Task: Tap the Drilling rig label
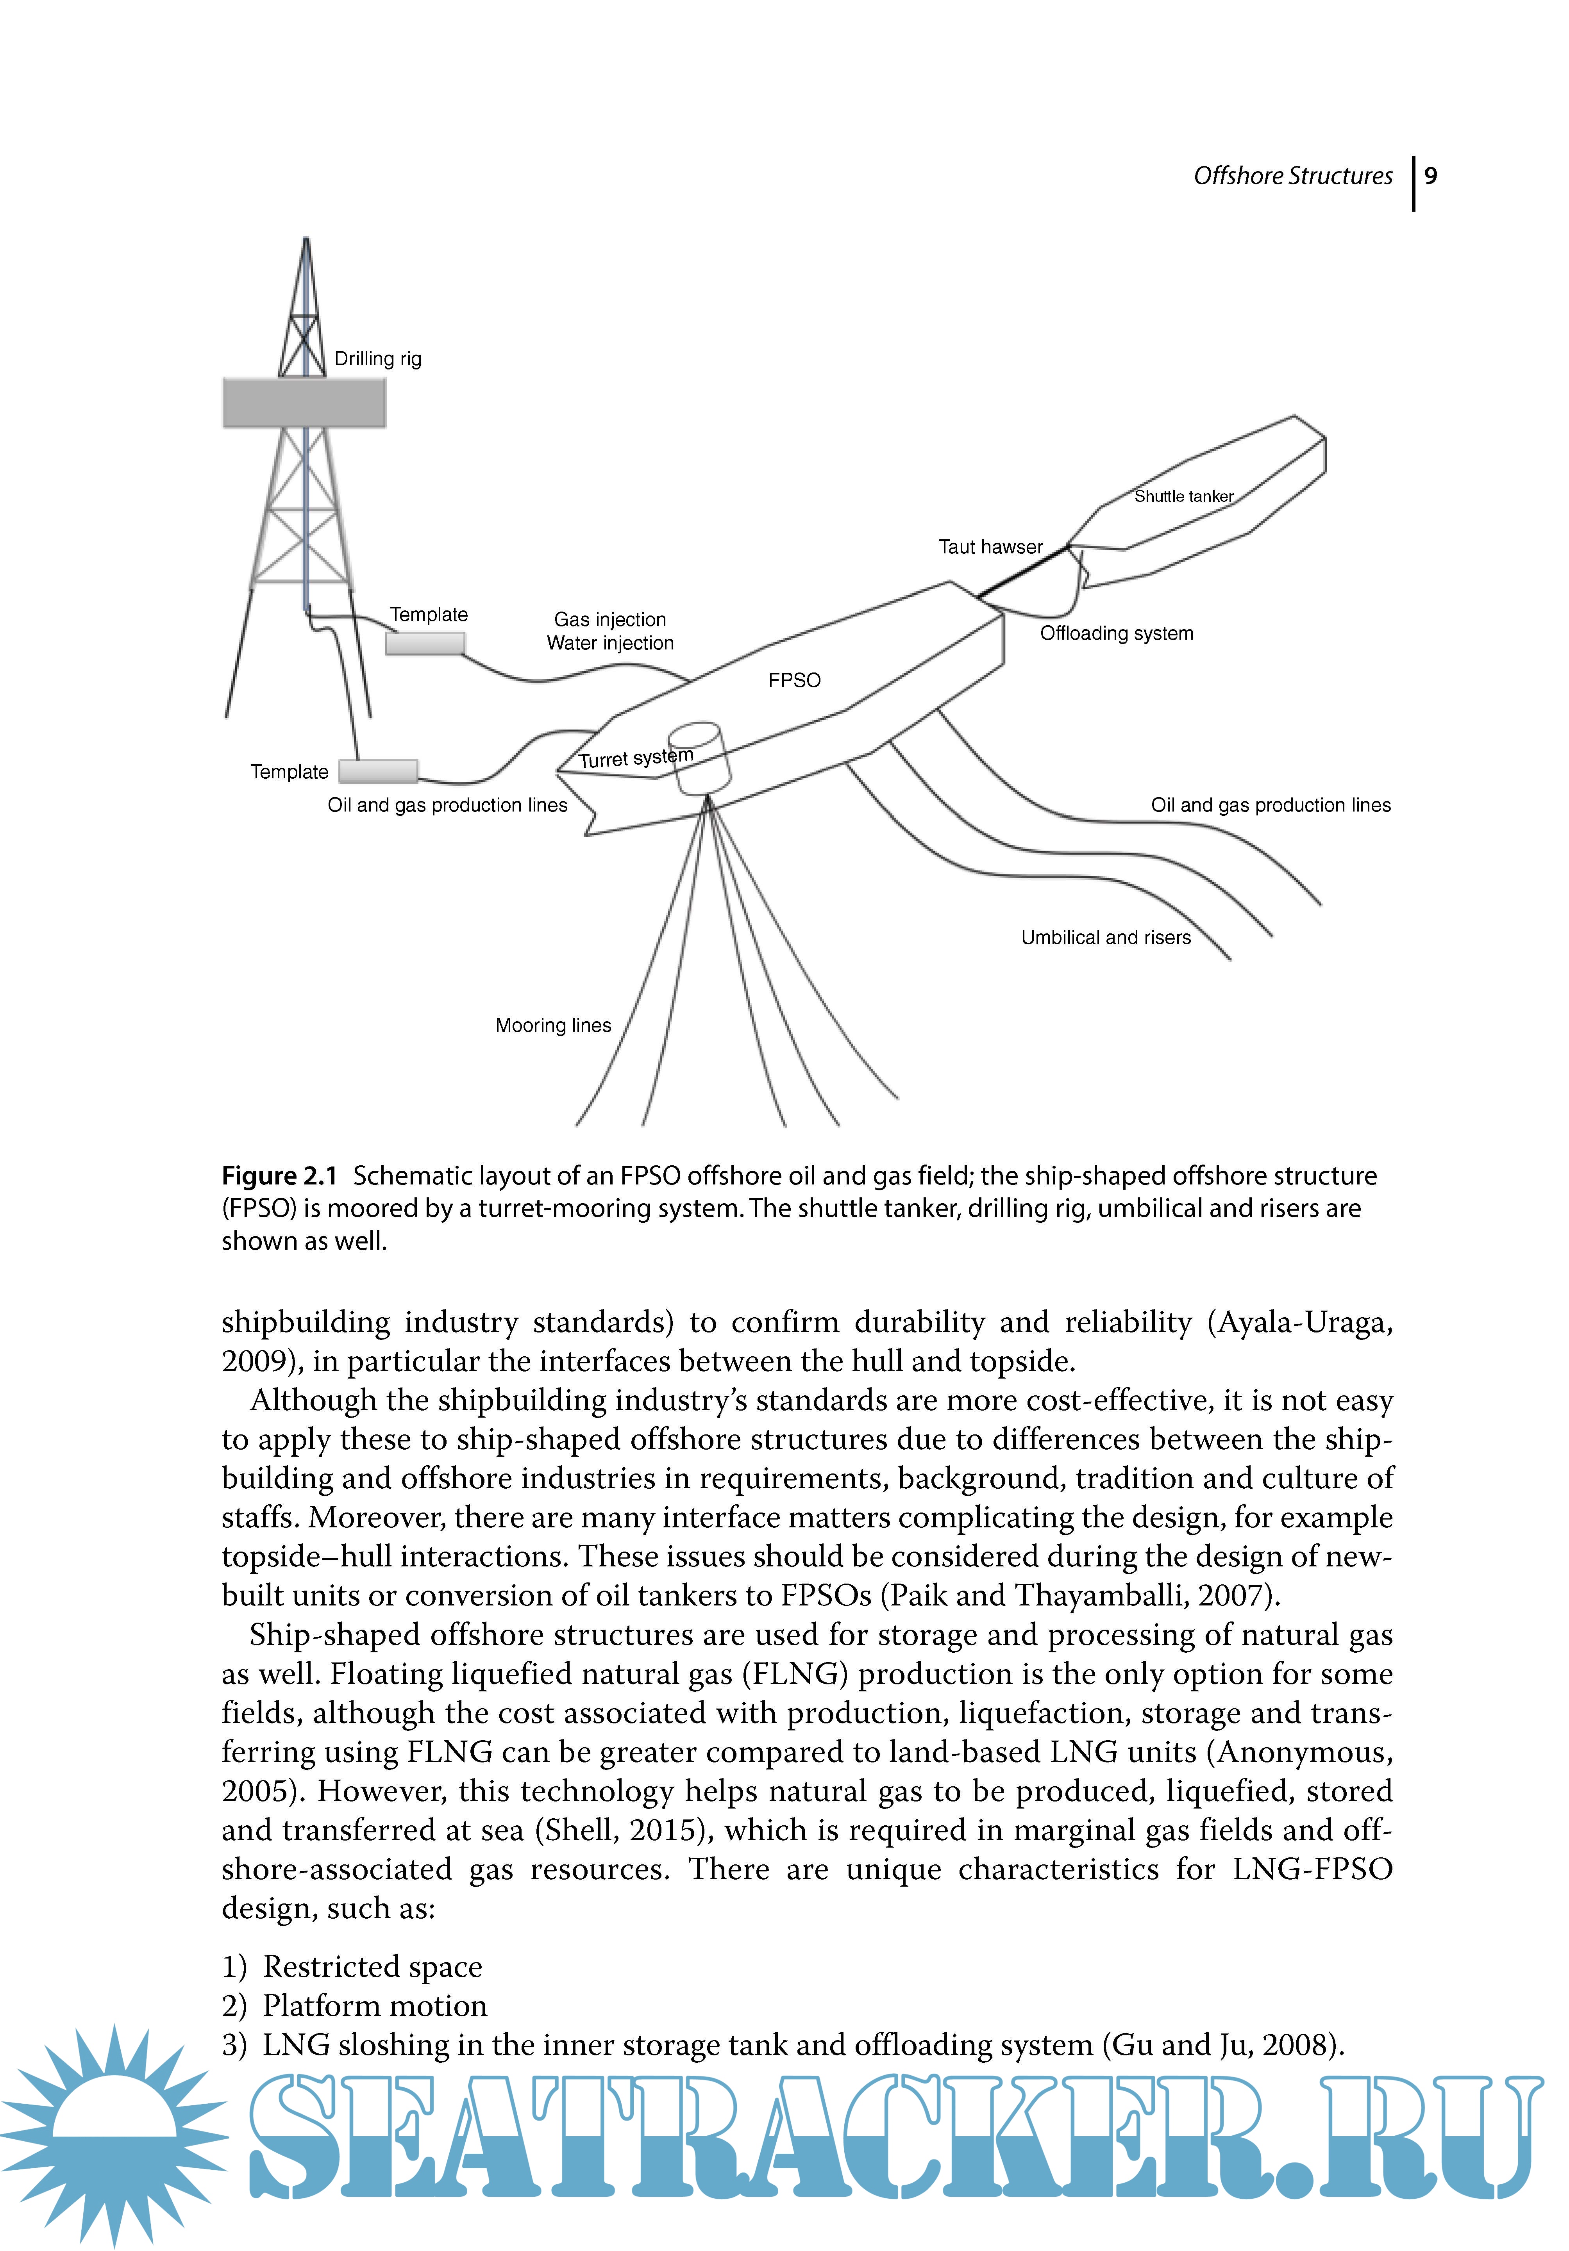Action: pyautogui.click(x=377, y=359)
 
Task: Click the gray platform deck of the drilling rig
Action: pyautogui.click(x=304, y=403)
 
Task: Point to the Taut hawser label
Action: pyautogui.click(x=990, y=547)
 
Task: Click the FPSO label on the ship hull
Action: pyautogui.click(x=794, y=680)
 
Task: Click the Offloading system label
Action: pyautogui.click(x=1116, y=633)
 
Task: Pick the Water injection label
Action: pyautogui.click(x=610, y=643)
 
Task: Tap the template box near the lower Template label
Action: pyautogui.click(x=379, y=772)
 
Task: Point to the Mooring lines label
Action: pyautogui.click(x=553, y=1026)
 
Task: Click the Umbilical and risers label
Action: pyautogui.click(x=1105, y=937)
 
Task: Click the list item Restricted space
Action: pyautogui.click(x=373, y=1967)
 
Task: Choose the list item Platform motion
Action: pyautogui.click(x=375, y=2006)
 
